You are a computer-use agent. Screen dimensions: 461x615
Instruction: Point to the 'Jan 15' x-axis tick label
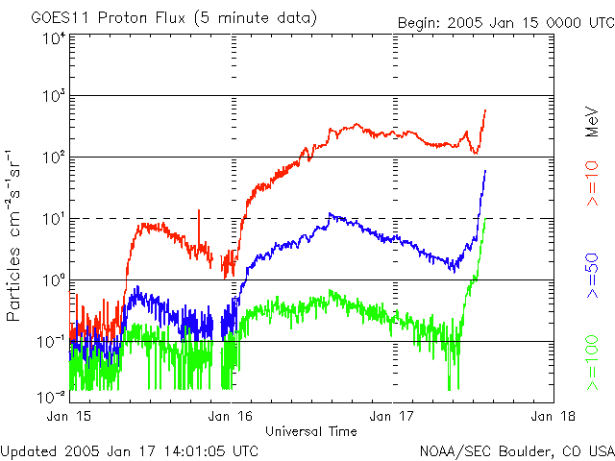tap(69, 416)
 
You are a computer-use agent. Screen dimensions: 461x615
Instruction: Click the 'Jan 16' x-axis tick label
tap(231, 416)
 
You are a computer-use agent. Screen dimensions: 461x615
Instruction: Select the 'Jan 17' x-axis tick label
tap(392, 416)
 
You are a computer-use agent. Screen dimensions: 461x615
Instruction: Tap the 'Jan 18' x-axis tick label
tap(553, 416)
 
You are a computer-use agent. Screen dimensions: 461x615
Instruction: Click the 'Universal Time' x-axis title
tap(311, 430)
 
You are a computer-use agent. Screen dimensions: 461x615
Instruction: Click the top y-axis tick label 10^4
tap(52, 38)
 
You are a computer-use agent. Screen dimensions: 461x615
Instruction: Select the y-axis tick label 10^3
tap(52, 97)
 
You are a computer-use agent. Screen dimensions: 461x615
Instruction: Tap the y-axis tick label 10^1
tap(52, 219)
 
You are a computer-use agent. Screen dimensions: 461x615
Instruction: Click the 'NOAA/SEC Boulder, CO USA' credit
tap(516, 449)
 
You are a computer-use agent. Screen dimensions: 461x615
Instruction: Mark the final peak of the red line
tap(485, 109)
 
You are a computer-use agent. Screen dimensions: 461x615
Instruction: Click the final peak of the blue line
tap(485, 171)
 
